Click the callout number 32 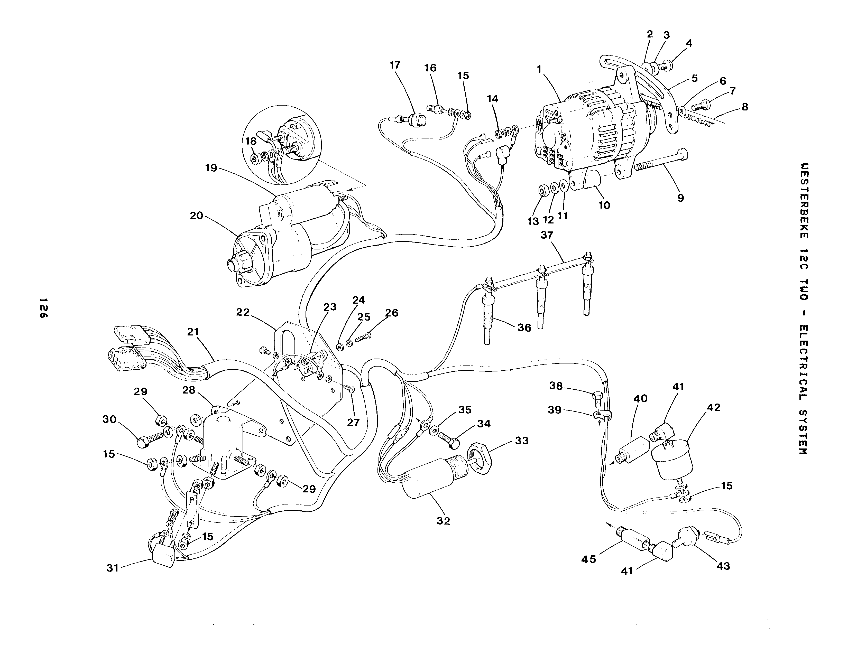pos(443,521)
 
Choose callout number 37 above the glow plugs pos(547,235)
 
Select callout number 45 pos(589,559)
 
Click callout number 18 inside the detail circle pos(251,141)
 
